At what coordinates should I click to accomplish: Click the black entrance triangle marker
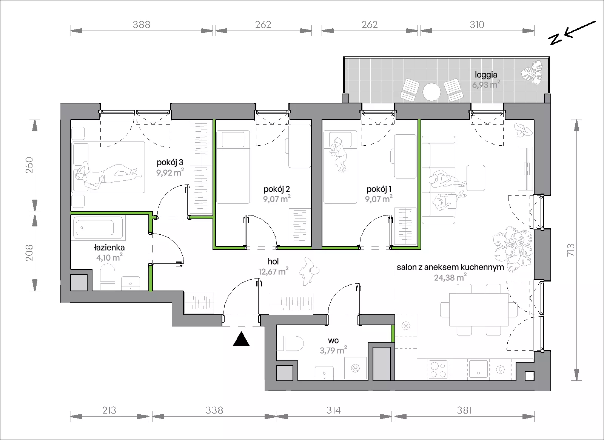241,339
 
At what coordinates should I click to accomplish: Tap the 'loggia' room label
486,75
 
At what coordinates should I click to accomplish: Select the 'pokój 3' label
170,162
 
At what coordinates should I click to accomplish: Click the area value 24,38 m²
450,277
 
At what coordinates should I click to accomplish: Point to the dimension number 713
570,250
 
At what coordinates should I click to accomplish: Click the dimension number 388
141,25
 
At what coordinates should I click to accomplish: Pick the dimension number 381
464,410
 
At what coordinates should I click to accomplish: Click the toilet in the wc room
290,343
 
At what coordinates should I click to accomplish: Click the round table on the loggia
431,92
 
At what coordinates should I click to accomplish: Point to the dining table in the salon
479,310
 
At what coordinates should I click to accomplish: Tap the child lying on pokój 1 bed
339,155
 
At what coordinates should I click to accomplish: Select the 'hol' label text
273,261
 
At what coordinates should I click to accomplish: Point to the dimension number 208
29,253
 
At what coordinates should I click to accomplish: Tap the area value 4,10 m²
109,257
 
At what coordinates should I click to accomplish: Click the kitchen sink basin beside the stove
478,369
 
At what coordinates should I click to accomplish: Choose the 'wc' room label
333,340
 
